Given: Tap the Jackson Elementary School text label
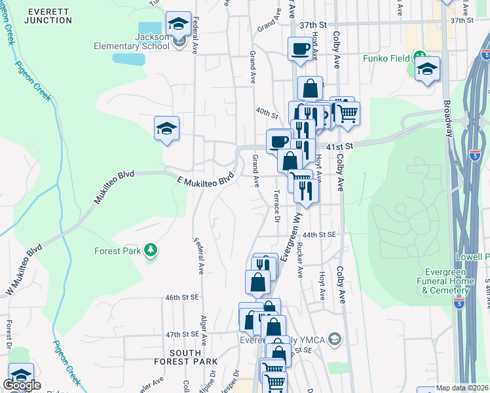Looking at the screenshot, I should pos(152,42).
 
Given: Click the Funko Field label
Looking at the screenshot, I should pos(387,58).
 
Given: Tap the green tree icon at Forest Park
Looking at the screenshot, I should pos(151,250).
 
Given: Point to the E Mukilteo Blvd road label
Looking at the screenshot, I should pos(206,178).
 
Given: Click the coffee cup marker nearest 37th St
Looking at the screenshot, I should pos(301,48).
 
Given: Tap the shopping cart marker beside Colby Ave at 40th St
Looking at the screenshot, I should pos(347,113).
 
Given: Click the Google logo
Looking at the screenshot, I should pos(22,385).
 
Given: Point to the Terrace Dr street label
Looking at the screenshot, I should pos(276,207).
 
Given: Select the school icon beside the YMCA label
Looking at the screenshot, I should pos(335,339).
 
